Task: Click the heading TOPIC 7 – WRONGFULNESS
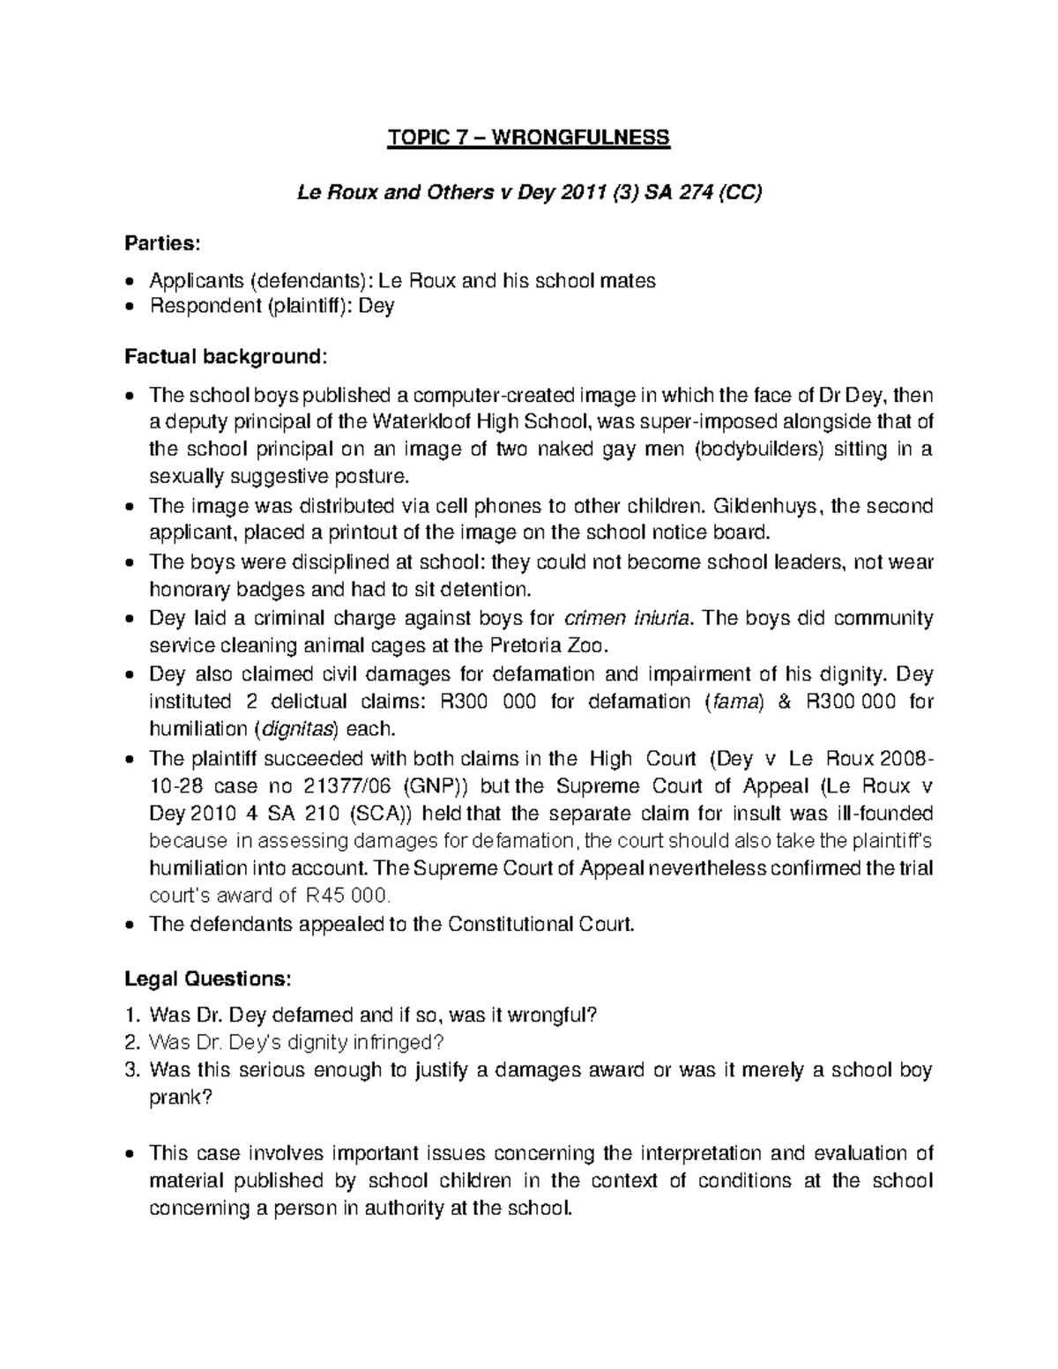(x=529, y=138)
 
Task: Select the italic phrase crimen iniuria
(x=627, y=618)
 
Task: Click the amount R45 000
(x=346, y=897)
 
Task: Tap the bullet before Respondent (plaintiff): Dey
(x=130, y=307)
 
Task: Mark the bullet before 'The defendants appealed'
(x=130, y=926)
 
